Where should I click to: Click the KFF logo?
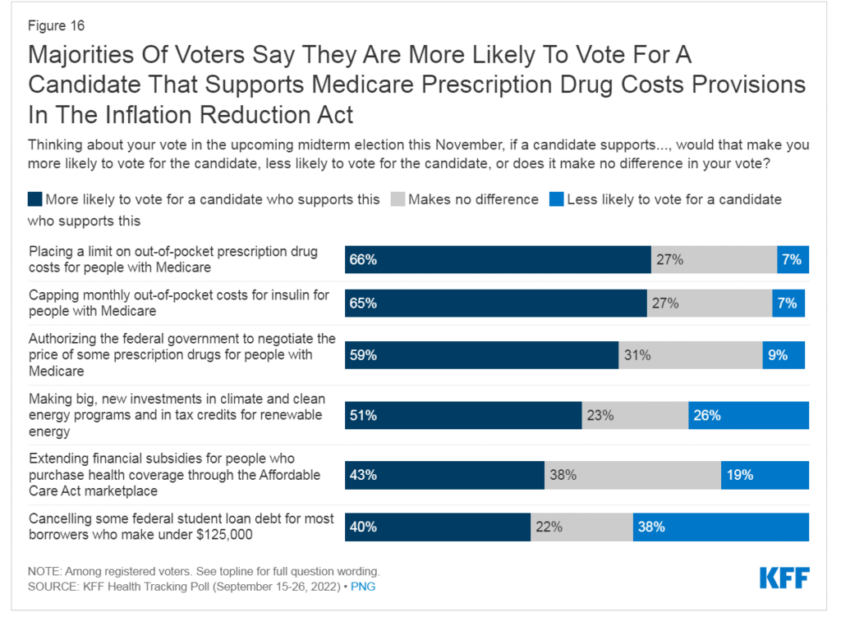tap(784, 578)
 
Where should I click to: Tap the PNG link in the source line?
tap(363, 587)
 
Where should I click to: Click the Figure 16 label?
tap(56, 25)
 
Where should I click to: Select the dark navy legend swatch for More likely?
tap(34, 199)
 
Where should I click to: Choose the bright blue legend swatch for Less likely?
tap(557, 199)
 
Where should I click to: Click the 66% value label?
tap(363, 260)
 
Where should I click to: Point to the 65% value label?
tap(363, 303)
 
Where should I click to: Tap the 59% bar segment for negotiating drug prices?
tap(481, 355)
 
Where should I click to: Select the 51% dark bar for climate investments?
tap(463, 415)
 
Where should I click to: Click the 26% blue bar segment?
tap(748, 415)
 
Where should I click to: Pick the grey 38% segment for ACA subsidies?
tap(632, 475)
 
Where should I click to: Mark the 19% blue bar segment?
tap(765, 475)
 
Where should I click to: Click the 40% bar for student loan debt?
tap(438, 527)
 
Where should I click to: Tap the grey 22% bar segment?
tap(581, 527)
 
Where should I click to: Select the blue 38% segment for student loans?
tap(720, 527)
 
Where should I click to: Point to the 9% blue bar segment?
tap(784, 355)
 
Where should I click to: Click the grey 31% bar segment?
tap(690, 355)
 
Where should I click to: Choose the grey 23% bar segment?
tap(635, 415)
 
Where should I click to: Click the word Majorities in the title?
tap(79, 56)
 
